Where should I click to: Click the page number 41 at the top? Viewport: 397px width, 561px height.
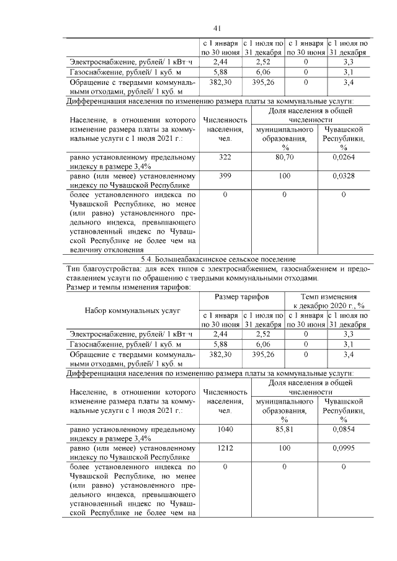[x=216, y=28]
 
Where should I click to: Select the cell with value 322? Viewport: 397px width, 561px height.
[x=225, y=158]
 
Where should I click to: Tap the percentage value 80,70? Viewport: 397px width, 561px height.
[x=285, y=158]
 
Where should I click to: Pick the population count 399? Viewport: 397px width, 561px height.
[x=225, y=176]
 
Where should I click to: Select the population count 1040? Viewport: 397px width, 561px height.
[x=225, y=429]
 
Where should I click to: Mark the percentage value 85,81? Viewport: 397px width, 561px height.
[x=285, y=429]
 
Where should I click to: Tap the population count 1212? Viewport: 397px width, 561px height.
[x=225, y=447]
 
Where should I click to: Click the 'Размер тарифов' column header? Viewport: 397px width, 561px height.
[x=241, y=298]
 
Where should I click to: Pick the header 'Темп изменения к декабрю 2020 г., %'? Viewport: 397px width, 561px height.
[x=328, y=302]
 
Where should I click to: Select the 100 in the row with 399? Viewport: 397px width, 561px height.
[x=285, y=176]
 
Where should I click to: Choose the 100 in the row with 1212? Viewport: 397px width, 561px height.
[x=285, y=447]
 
